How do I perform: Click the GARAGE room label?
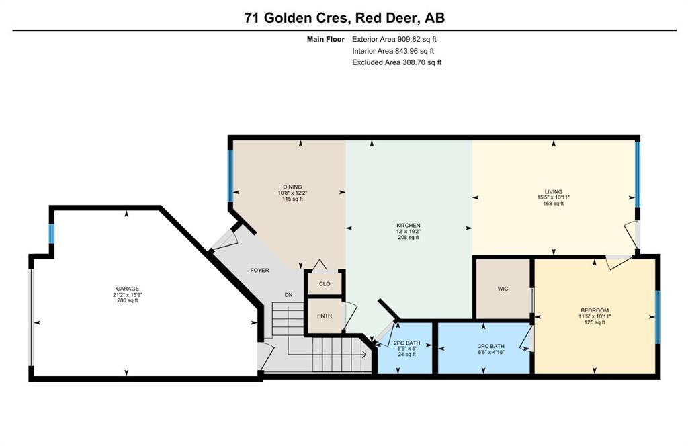(127, 289)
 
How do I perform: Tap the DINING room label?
(292, 187)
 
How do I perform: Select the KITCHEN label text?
(408, 226)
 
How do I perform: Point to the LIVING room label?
(554, 191)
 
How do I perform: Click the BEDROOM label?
(595, 310)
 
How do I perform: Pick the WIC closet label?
(503, 289)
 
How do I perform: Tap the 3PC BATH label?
(491, 346)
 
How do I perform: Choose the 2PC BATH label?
(406, 343)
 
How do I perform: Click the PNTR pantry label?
(325, 316)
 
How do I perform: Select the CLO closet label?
(325, 283)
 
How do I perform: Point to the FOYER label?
(260, 270)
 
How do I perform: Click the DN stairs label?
(288, 295)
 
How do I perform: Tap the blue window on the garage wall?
(51, 234)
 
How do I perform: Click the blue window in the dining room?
(230, 176)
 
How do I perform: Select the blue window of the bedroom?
(658, 317)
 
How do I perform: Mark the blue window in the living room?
(638, 175)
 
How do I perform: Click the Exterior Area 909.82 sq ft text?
(394, 39)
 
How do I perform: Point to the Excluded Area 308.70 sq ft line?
(396, 62)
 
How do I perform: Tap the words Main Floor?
(326, 39)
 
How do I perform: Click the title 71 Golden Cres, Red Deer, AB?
(345, 18)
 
